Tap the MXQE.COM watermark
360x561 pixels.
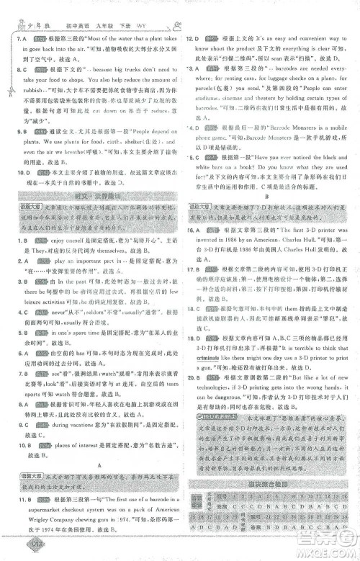[328, 549]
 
